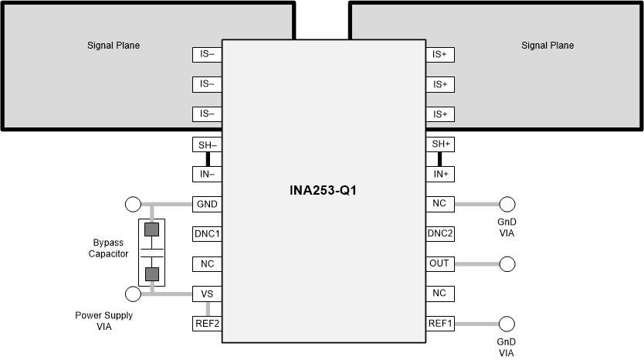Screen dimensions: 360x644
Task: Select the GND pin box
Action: (x=207, y=205)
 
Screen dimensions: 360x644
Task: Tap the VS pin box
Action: (x=207, y=294)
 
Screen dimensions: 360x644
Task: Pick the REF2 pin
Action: (x=207, y=324)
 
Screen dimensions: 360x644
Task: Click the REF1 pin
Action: (x=439, y=324)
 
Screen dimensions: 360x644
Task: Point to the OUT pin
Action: (x=439, y=263)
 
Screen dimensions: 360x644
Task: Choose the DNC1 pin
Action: (x=207, y=234)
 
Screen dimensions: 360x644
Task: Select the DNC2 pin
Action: (x=439, y=234)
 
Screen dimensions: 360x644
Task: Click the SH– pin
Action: (x=207, y=144)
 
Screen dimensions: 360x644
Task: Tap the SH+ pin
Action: (x=439, y=144)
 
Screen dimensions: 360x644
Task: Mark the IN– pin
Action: (x=207, y=175)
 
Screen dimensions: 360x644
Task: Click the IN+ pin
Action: (x=439, y=175)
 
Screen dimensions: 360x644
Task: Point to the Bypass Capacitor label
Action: (x=108, y=248)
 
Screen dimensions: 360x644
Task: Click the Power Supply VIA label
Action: (x=103, y=321)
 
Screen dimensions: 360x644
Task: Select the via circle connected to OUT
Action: (x=507, y=263)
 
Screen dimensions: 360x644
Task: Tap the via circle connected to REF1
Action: (x=507, y=324)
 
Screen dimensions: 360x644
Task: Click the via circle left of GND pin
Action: (x=133, y=205)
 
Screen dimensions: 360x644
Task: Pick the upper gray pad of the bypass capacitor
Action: (x=152, y=229)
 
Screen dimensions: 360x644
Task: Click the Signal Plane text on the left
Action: (x=114, y=46)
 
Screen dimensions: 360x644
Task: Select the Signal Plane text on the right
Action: (x=547, y=46)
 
